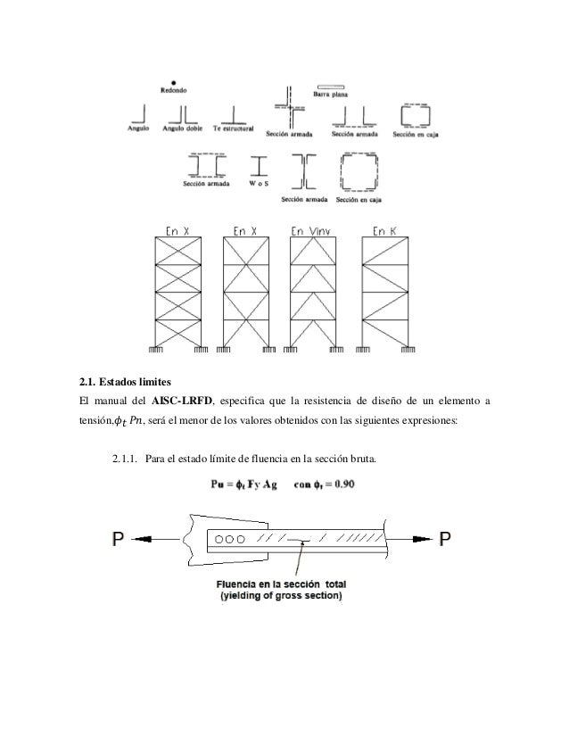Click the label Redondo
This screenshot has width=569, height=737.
coord(173,89)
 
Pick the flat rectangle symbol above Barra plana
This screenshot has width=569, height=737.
coord(330,84)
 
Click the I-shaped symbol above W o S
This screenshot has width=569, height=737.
coord(260,166)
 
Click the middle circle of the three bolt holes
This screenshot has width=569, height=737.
coord(231,539)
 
